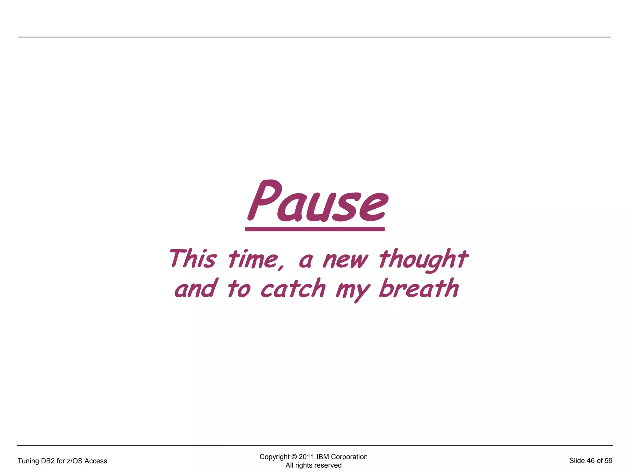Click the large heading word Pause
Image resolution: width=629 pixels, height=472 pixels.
[318, 202]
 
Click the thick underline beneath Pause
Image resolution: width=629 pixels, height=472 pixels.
[315, 229]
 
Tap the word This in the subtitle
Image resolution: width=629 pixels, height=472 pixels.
[193, 258]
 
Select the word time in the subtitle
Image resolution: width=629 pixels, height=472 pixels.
[254, 259]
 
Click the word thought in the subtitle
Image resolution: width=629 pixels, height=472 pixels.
[424, 259]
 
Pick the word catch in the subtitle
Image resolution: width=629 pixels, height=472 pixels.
[293, 289]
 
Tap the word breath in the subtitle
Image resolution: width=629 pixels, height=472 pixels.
[419, 289]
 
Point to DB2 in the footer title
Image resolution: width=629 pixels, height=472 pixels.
[48, 461]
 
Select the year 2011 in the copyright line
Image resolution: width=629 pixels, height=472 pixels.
[307, 457]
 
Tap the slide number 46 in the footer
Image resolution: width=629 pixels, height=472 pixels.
[591, 461]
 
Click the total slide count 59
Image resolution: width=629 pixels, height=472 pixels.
[608, 461]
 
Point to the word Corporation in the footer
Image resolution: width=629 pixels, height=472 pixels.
[349, 457]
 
